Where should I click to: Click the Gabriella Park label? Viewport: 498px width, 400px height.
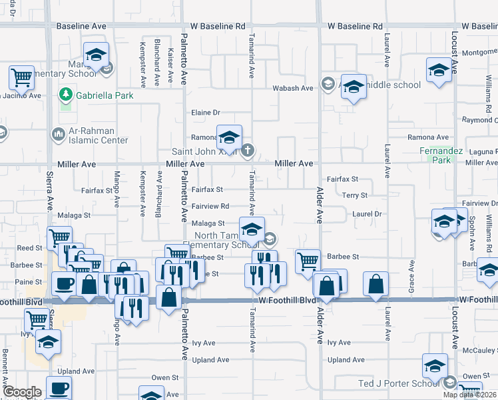click(x=105, y=95)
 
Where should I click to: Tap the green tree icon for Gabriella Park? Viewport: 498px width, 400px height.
click(x=66, y=95)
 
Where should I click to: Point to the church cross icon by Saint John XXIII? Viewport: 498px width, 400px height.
click(x=247, y=150)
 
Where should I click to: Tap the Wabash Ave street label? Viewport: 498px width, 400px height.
click(x=292, y=88)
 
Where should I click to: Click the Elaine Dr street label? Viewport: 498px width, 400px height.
click(x=206, y=113)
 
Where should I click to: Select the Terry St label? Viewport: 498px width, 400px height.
click(x=355, y=195)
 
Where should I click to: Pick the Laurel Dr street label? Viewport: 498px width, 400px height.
click(x=367, y=214)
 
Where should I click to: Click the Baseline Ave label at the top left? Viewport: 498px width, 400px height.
click(x=81, y=26)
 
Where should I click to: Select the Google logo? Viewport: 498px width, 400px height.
click(x=22, y=392)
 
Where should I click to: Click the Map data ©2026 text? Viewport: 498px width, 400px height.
click(x=469, y=395)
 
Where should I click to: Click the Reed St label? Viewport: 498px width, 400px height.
click(x=29, y=247)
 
